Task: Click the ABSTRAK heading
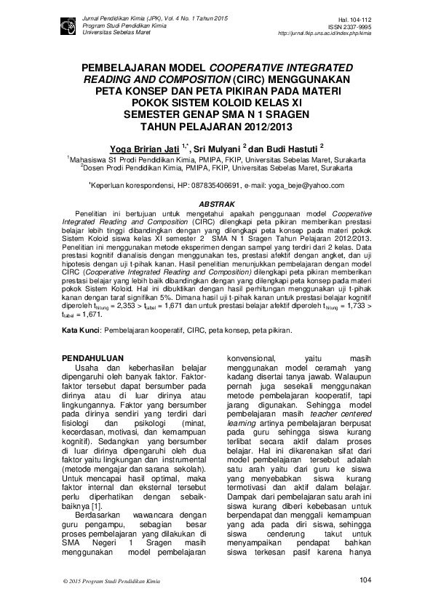click(216, 204)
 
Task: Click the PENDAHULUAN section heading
click(90, 358)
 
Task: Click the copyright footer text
click(106, 580)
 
